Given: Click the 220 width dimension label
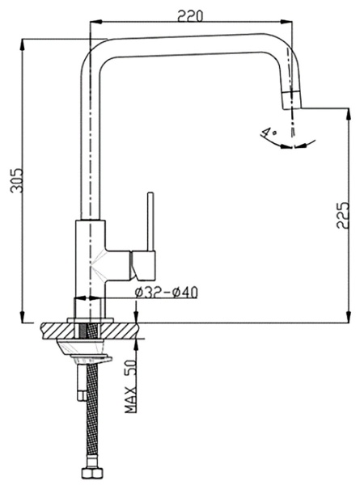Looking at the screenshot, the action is tap(190, 16).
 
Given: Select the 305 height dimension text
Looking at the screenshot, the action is tap(16, 180).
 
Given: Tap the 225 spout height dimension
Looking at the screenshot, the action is tap(342, 215).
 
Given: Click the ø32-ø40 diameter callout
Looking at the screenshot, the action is tap(166, 293).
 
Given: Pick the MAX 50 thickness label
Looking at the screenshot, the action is tap(130, 386).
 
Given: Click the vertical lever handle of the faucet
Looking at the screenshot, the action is tap(150, 221).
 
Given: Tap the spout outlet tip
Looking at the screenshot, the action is tap(291, 99).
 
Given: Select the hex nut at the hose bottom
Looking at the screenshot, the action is tap(91, 475).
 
